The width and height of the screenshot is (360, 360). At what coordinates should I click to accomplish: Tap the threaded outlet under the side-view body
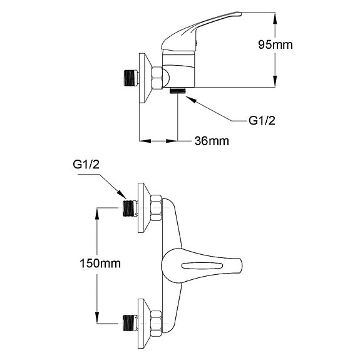click(179, 91)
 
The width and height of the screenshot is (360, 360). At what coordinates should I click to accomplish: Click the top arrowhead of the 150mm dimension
click(97, 212)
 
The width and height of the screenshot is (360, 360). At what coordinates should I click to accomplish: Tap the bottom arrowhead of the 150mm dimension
click(97, 318)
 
